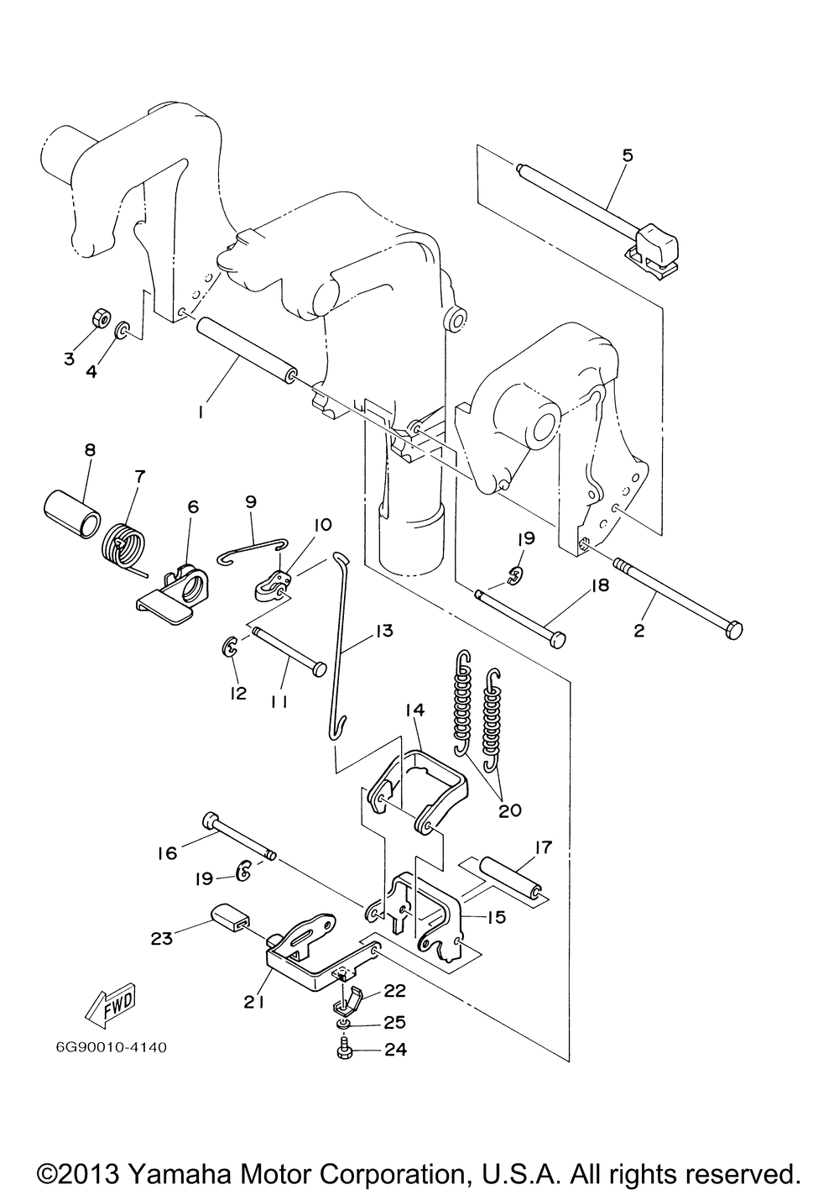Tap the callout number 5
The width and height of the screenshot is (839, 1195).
pyautogui.click(x=627, y=155)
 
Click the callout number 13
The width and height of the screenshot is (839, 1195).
pyautogui.click(x=383, y=631)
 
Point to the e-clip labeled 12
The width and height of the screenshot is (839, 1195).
pyautogui.click(x=229, y=648)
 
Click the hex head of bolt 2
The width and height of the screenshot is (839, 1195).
pyautogui.click(x=733, y=630)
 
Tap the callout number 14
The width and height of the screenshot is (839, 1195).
pyautogui.click(x=414, y=710)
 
